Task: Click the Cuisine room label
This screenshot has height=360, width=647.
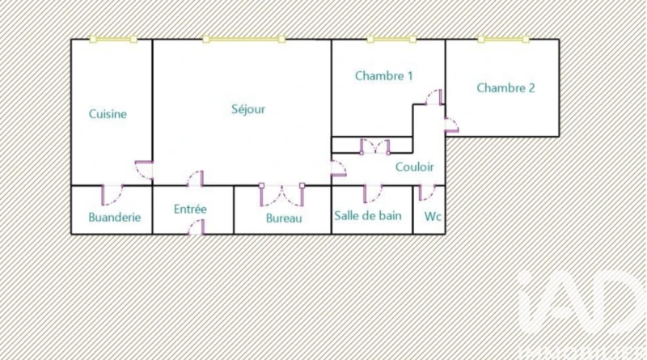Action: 108,114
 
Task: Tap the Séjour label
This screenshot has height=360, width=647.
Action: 248,109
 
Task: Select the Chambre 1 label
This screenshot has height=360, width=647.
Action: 384,76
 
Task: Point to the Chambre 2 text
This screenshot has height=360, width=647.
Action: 505,88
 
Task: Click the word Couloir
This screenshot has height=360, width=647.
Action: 415,167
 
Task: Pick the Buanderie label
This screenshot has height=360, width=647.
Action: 115,217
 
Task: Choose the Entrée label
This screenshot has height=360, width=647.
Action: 191,209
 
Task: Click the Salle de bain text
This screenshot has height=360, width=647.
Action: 368,216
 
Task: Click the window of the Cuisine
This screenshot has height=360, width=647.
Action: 113,39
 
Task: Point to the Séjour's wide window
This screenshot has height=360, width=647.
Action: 244,39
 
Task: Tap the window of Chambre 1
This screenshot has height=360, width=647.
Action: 391,39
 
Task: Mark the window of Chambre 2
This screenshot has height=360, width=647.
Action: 503,39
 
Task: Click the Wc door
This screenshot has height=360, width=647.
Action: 426,192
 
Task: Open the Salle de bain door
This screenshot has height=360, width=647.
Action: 372,193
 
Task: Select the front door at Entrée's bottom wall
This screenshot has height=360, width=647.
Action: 195,228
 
